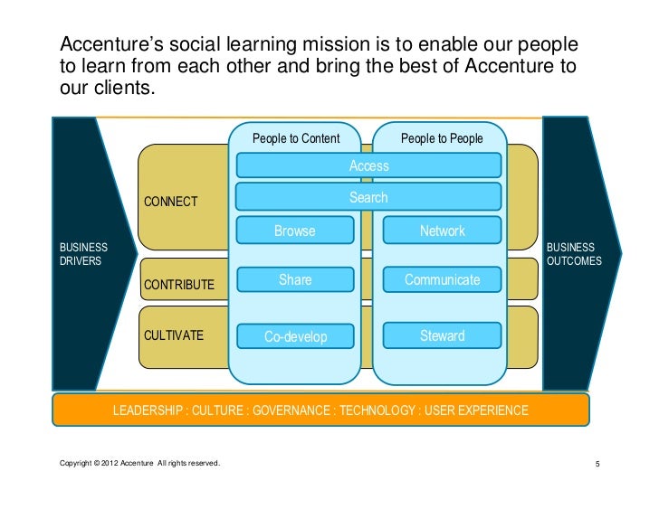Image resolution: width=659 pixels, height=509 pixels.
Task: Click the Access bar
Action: tap(368, 165)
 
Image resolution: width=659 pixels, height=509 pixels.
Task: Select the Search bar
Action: tap(368, 197)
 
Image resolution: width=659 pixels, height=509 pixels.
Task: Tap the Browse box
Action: tap(295, 231)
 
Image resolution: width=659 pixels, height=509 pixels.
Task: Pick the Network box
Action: tap(442, 231)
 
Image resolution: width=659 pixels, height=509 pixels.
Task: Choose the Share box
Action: tap(295, 280)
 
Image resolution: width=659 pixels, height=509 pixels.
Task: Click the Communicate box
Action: tap(442, 280)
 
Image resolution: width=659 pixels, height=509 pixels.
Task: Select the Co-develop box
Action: tap(295, 336)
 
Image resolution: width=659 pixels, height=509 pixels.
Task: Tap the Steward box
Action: tap(442, 336)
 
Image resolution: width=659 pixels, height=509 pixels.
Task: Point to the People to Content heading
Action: tap(296, 138)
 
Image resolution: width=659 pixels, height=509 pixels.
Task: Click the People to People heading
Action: tap(442, 138)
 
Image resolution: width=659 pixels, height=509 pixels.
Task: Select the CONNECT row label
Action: tap(171, 201)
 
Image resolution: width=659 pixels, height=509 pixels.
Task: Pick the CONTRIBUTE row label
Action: tap(179, 285)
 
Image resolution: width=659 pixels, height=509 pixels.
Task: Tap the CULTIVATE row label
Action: tap(174, 335)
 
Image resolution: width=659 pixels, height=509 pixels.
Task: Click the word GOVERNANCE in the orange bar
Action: tap(291, 410)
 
